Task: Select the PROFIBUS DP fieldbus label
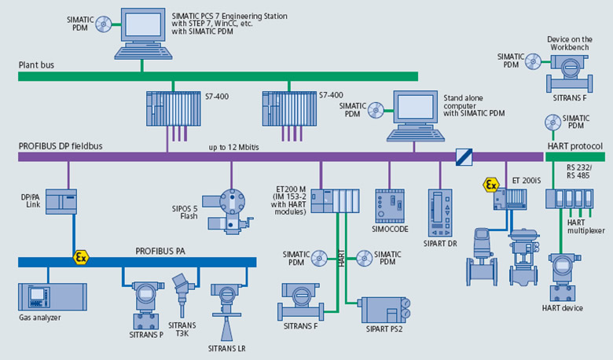click(x=61, y=146)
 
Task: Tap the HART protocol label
click(x=574, y=146)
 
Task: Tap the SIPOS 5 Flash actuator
click(x=231, y=206)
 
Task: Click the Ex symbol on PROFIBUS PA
click(x=80, y=257)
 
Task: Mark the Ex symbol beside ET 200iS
click(x=491, y=185)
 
